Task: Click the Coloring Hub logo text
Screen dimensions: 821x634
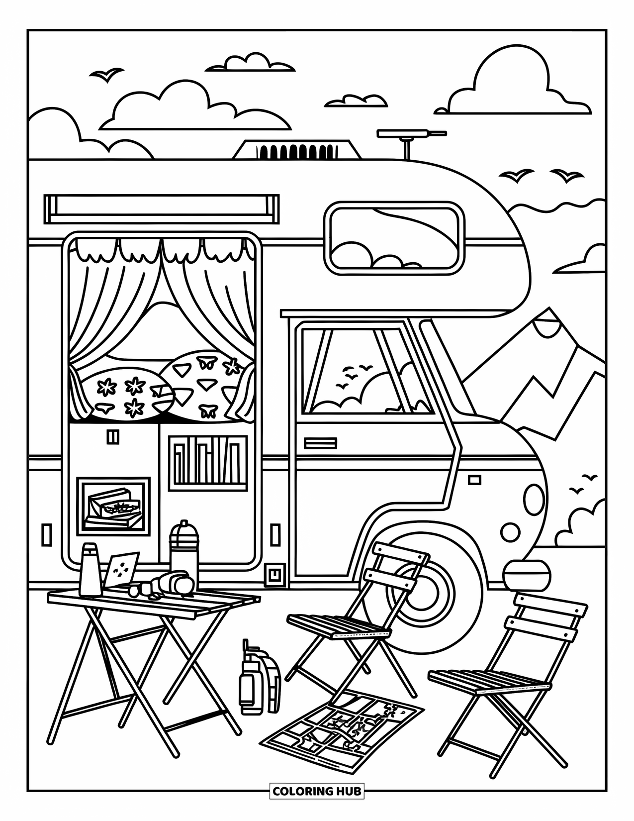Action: coord(317,791)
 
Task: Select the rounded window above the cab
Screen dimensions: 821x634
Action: coord(394,238)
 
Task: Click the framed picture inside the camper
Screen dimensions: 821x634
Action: coord(113,507)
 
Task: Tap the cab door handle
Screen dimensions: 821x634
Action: coord(320,443)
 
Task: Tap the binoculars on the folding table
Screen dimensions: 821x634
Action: coord(172,584)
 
